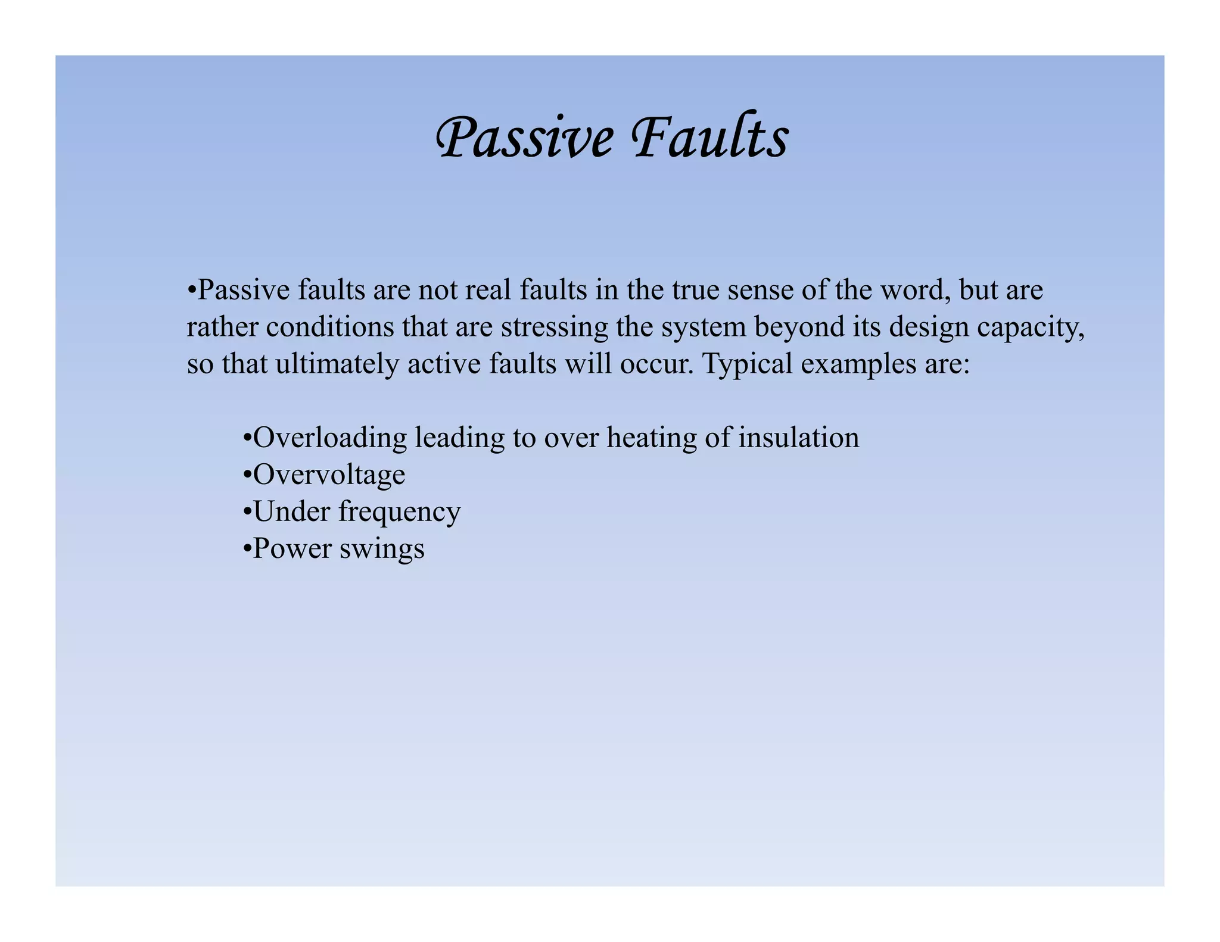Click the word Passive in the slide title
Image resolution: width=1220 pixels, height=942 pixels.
coord(524,138)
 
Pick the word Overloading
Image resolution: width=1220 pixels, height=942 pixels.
coord(330,438)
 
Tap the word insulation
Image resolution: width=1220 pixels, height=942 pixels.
coord(799,438)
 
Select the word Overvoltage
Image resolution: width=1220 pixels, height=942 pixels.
coord(329,475)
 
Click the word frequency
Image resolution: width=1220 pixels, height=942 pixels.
coord(400,512)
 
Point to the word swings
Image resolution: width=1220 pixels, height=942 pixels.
coord(382,549)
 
